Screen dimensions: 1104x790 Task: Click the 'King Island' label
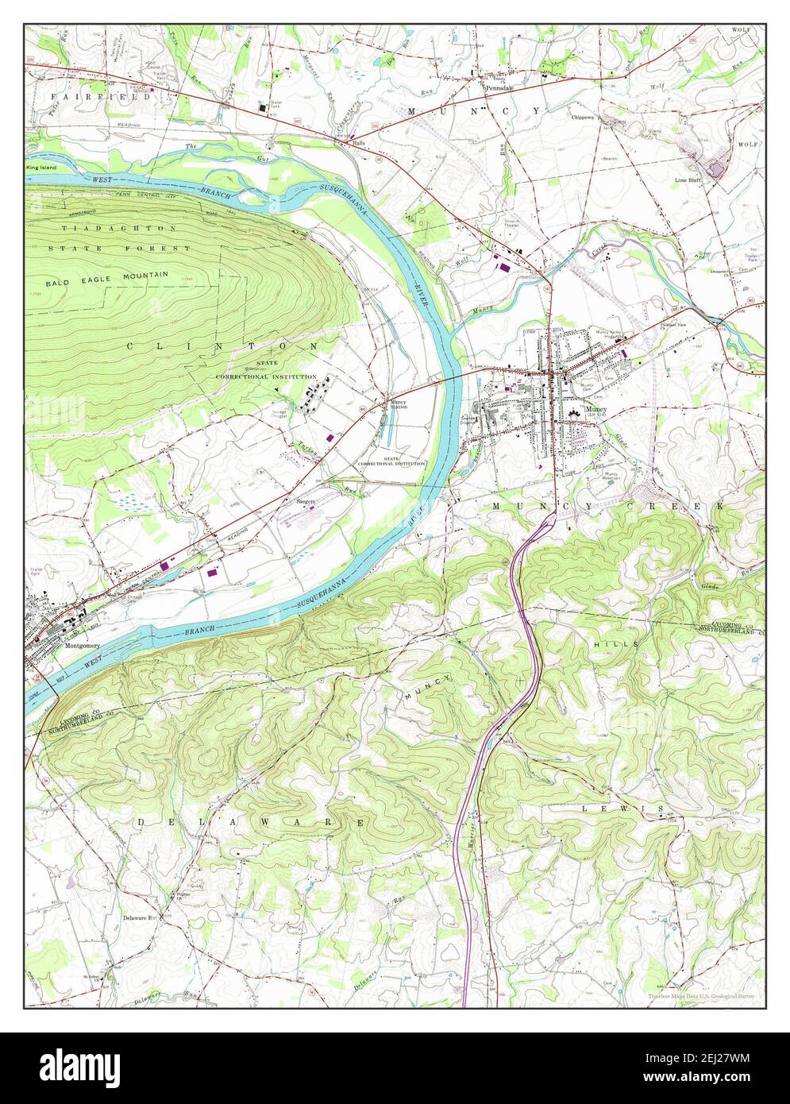click(42, 168)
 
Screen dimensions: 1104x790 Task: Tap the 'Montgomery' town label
click(78, 646)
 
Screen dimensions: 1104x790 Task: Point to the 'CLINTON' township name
click(222, 346)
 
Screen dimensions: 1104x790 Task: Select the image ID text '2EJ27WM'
click(709, 1060)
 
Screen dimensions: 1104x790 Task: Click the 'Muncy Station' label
click(399, 404)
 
